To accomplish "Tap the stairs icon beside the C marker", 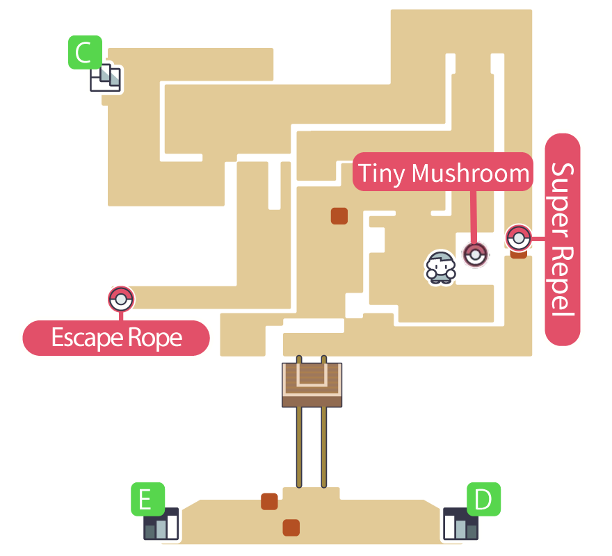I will [106, 79].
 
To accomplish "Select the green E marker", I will [147, 499].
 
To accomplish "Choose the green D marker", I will [483, 499].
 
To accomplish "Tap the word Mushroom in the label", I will [470, 172].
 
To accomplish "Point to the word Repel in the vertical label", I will [563, 281].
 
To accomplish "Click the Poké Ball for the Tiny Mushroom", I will [476, 255].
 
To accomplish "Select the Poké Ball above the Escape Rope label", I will [121, 299].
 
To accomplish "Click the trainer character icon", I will [440, 267].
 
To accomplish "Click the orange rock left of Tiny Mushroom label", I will [339, 215].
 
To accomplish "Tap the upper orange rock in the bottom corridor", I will [269, 500].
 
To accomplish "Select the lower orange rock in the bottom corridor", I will [291, 527].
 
